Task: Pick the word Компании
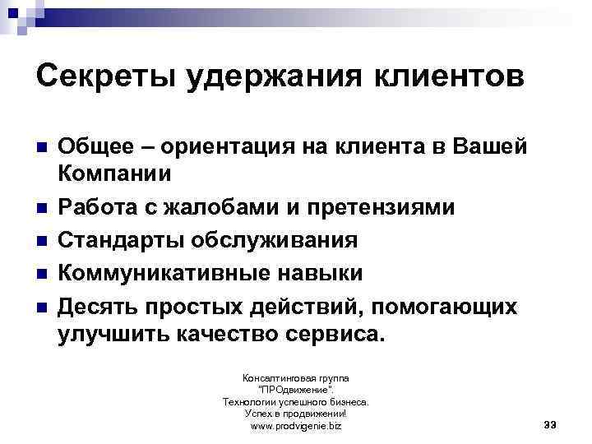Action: coord(115,174)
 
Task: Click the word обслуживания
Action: coord(275,240)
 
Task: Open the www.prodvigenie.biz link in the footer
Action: coord(295,427)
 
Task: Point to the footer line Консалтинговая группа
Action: coord(295,377)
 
